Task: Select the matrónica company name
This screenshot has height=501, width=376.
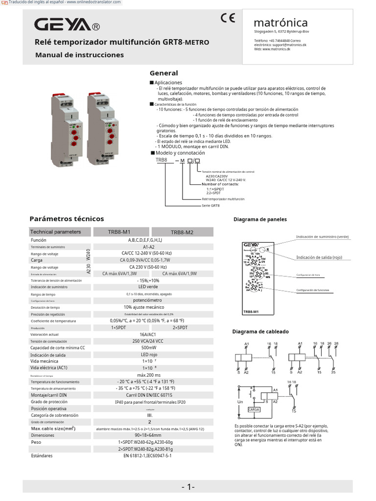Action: pos(281,23)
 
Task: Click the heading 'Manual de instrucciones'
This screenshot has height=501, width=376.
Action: pos(79,55)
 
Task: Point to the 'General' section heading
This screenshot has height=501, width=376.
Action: pos(164,73)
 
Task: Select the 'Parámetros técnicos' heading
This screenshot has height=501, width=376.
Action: pos(67,219)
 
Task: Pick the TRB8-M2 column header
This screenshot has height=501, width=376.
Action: pos(182,232)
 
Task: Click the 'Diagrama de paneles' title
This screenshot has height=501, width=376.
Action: pos(260,219)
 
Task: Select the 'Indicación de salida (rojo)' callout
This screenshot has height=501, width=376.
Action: pos(321,257)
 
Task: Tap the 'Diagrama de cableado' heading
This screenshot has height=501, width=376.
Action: pos(260,332)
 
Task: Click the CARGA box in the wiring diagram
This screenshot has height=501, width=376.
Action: pos(254,409)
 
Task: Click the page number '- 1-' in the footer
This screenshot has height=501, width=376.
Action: pos(188,487)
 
